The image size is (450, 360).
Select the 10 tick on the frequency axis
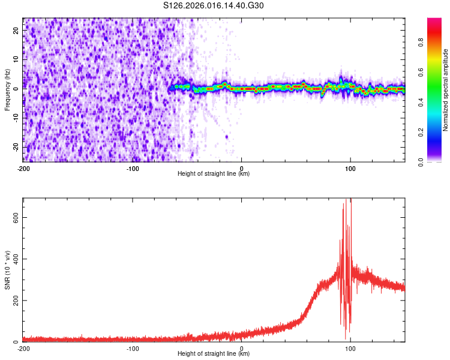point(16,59)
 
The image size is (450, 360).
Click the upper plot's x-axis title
point(214,174)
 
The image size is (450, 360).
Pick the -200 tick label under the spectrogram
point(23,168)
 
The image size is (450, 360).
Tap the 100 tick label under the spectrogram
point(350,168)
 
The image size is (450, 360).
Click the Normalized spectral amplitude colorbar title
point(446,90)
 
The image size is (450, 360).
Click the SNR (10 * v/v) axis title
point(7,270)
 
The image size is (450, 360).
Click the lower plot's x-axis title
point(214,354)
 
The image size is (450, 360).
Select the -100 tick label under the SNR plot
point(133,348)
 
